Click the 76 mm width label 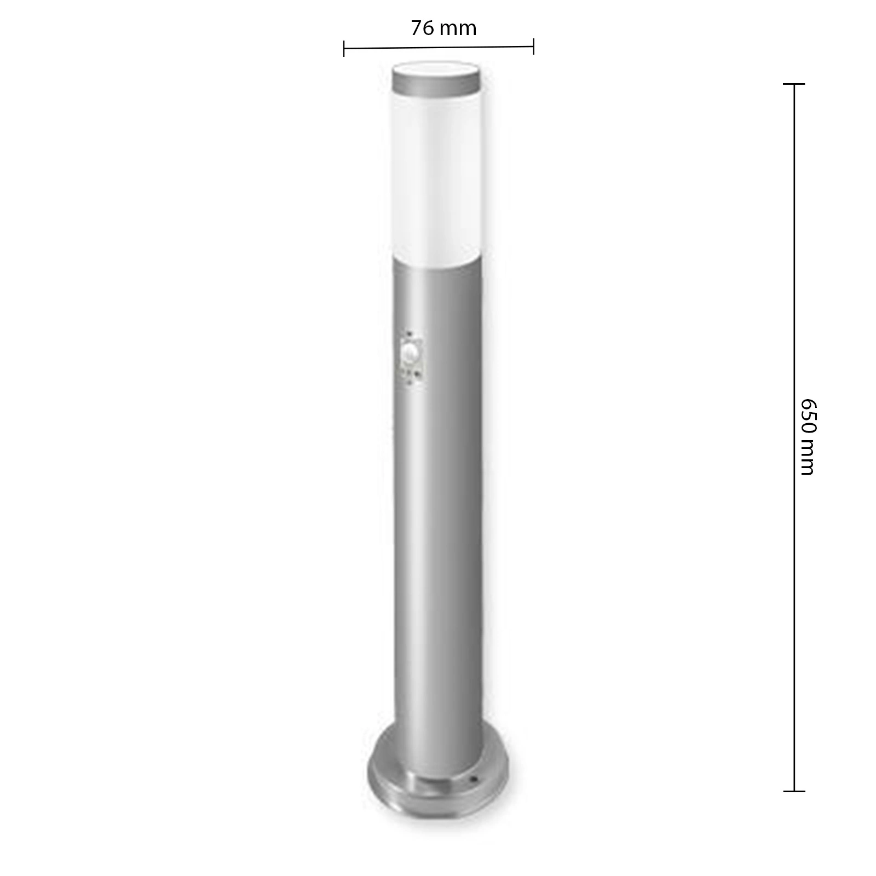[x=443, y=28]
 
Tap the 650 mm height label [x=808, y=436]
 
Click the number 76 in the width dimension [x=423, y=28]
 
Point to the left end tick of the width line [x=344, y=48]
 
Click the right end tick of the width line [x=533, y=47]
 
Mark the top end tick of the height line [x=794, y=84]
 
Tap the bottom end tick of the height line [x=794, y=791]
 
